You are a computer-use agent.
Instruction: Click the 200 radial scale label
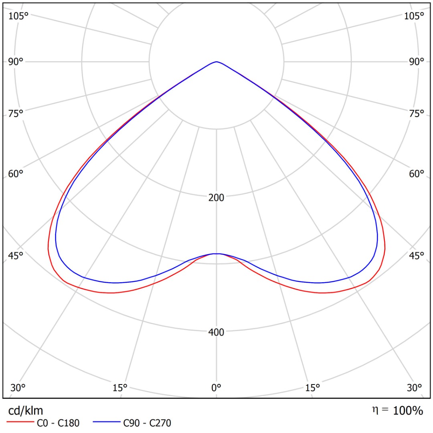[x=216, y=197]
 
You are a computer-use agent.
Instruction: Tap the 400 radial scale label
[x=216, y=332]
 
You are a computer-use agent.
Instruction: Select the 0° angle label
[x=216, y=388]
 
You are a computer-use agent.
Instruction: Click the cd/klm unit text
[x=26, y=411]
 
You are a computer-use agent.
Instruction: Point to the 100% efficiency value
[x=408, y=411]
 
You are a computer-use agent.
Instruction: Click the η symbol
[x=375, y=410]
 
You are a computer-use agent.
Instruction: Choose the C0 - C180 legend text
[x=58, y=423]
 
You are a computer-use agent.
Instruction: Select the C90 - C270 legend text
[x=147, y=423]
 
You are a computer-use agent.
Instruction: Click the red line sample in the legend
[x=19, y=423]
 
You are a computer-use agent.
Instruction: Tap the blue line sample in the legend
[x=106, y=423]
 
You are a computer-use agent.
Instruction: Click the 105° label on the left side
[x=19, y=16]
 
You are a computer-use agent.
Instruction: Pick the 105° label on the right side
[x=414, y=16]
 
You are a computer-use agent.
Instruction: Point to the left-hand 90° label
[x=16, y=62]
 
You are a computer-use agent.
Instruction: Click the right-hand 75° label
[x=416, y=113]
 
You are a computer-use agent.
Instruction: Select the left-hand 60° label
[x=16, y=174]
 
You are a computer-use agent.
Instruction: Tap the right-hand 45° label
[x=416, y=255]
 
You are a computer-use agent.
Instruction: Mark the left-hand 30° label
[x=18, y=388]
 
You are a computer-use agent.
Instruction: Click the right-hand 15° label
[x=313, y=388]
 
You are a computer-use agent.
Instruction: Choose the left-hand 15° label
[x=120, y=388]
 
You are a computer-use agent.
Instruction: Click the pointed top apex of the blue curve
[x=216, y=62]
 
